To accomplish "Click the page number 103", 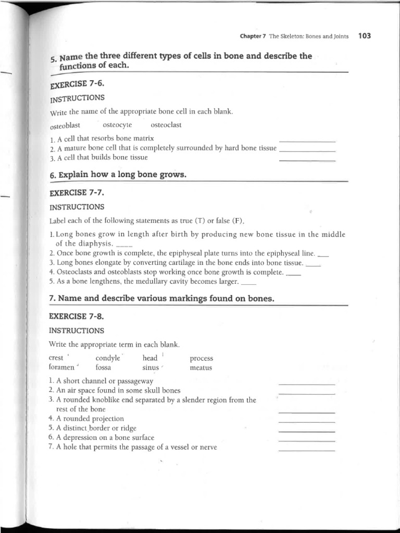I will pyautogui.click(x=365, y=36).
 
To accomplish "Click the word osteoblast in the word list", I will pyautogui.click(x=65, y=126).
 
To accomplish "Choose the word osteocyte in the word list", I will pyautogui.click(x=118, y=125).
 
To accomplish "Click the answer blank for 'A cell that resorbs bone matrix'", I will pyautogui.click(x=307, y=141).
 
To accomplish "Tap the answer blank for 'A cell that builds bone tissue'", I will pyautogui.click(x=307, y=160).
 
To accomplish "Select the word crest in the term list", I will pyautogui.click(x=56, y=358).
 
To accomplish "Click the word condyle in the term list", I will pyautogui.click(x=107, y=358).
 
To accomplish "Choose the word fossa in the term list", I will pyautogui.click(x=104, y=367).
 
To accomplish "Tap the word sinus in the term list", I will pyautogui.click(x=151, y=367).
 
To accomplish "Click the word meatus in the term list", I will pyautogui.click(x=201, y=367).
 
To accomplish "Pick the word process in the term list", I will pyautogui.click(x=202, y=358).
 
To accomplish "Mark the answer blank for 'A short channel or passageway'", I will pyautogui.click(x=307, y=384).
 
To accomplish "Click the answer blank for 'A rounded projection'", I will pyautogui.click(x=307, y=422).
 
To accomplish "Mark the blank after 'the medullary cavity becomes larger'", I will pyautogui.click(x=249, y=284).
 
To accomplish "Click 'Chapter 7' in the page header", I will pyautogui.click(x=253, y=36).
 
